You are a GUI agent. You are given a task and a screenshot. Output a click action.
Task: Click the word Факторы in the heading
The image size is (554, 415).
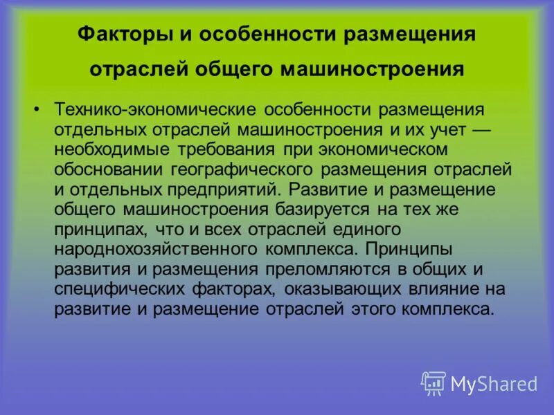click(116, 34)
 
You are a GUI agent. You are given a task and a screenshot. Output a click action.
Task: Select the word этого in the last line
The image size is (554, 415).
click(374, 309)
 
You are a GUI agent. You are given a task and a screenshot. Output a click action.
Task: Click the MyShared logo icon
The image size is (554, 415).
click(434, 382)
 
